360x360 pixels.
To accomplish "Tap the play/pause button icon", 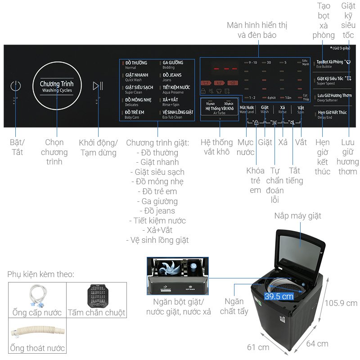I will (98, 86).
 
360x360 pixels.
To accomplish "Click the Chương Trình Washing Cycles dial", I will (57, 86).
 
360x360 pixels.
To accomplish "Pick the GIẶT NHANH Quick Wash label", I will (136, 77).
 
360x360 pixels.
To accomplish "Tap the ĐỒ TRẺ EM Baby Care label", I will (135, 114).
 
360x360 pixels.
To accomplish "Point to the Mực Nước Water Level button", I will (247, 109).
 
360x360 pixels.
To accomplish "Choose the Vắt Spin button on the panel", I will (301, 109).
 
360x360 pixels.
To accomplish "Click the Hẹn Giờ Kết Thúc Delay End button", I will (332, 114).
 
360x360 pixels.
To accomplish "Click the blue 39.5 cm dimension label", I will (279, 296).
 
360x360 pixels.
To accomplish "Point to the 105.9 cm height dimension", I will (342, 303).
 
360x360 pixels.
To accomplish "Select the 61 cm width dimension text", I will (258, 347).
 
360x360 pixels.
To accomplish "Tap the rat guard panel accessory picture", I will (96, 295).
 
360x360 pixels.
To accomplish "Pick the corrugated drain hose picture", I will (37, 331).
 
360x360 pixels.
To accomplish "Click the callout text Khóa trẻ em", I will (255, 180).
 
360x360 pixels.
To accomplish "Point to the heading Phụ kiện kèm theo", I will (41, 274).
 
